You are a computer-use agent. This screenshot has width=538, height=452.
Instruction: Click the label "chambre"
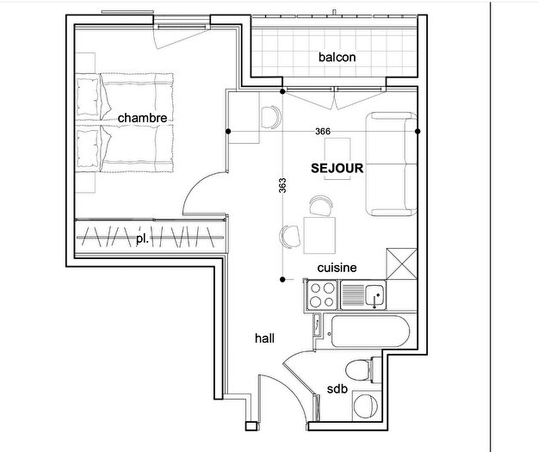pyautogui.click(x=142, y=117)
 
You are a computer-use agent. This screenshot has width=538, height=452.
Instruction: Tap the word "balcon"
pyautogui.click(x=337, y=58)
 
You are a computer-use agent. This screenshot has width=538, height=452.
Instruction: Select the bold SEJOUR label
pyautogui.click(x=337, y=169)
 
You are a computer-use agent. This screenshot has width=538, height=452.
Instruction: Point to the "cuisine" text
pyautogui.click(x=337, y=268)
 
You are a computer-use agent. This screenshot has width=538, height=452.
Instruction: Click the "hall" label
pyautogui.click(x=264, y=338)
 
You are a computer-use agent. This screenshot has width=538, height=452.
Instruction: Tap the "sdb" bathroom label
pyautogui.click(x=337, y=390)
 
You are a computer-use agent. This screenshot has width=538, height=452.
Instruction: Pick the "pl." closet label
pyautogui.click(x=141, y=238)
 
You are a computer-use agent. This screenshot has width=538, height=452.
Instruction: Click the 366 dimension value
pyautogui.click(x=323, y=131)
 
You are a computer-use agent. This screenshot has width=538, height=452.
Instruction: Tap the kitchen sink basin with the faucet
pyautogui.click(x=374, y=297)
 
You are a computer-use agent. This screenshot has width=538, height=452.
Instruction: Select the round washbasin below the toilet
pyautogui.click(x=368, y=406)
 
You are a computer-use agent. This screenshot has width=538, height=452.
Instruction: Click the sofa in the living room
pyautogui.click(x=393, y=164)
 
